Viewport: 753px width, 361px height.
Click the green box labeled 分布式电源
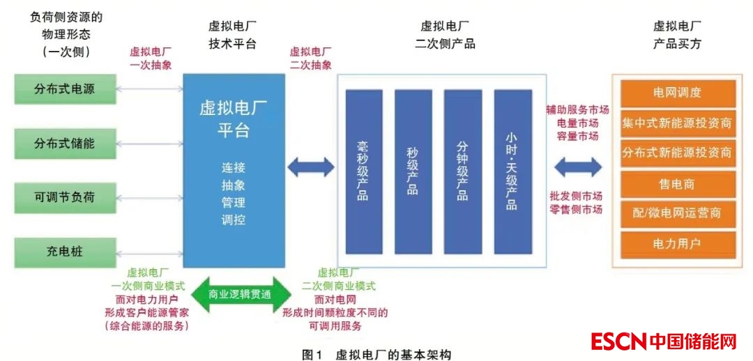point(65,89)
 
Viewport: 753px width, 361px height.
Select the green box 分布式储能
point(65,144)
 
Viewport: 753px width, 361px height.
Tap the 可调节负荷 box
point(65,197)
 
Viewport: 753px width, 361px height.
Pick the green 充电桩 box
point(65,251)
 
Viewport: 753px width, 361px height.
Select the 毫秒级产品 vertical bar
point(363,171)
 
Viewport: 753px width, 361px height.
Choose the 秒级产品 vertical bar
point(413,171)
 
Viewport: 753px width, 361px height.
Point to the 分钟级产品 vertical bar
point(462,171)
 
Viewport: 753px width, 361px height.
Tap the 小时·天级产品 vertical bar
point(512,171)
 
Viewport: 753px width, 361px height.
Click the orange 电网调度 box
point(677,93)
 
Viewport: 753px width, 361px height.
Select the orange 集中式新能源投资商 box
point(677,124)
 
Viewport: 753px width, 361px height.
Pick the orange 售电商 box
point(677,185)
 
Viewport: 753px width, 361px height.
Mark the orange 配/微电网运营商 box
point(677,214)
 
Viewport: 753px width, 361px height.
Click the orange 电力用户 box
point(677,244)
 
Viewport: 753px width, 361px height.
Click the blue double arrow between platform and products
point(311,167)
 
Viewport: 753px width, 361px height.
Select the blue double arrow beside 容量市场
point(577,167)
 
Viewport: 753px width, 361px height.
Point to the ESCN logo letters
point(618,341)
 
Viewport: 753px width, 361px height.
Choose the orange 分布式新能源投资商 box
point(677,153)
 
